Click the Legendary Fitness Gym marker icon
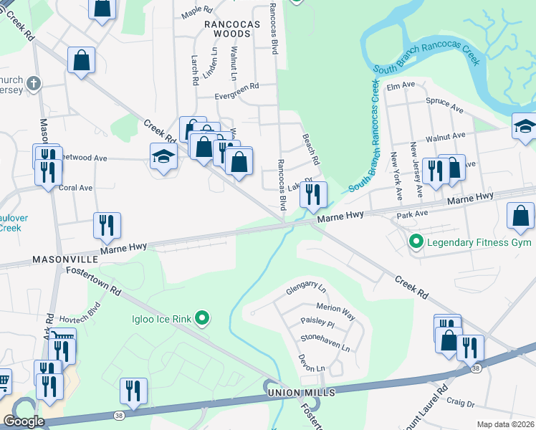tap(416, 242)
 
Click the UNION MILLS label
tap(300, 393)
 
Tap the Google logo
tap(24, 421)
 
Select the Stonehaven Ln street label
tap(325, 342)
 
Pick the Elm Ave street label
tap(401, 85)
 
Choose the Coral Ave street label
tap(76, 188)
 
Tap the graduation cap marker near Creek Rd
tap(163, 156)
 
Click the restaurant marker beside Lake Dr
tap(313, 193)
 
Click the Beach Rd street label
tap(310, 148)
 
